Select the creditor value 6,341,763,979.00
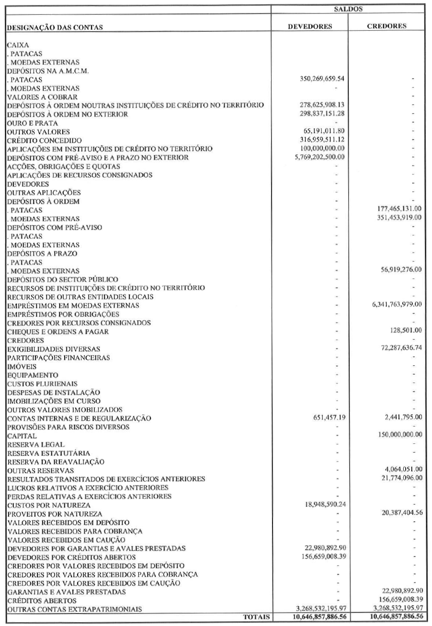click(x=394, y=304)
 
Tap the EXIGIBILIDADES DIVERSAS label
click(x=53, y=348)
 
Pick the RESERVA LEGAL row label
click(x=33, y=444)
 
